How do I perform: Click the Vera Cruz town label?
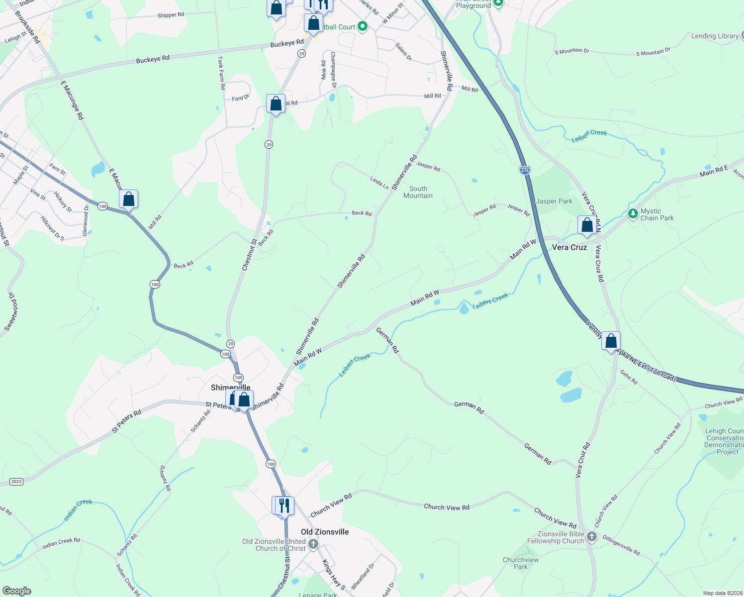point(569,247)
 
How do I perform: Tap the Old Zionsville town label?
point(325,532)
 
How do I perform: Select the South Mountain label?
point(418,192)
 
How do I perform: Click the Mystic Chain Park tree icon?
point(633,214)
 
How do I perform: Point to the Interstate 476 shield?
point(525,170)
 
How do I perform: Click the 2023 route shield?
point(16,482)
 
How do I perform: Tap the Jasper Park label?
point(554,201)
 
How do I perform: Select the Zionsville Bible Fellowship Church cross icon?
point(591,537)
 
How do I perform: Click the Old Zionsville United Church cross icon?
point(313,544)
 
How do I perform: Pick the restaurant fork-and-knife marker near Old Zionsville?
point(284,506)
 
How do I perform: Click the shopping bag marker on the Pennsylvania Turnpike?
point(611,341)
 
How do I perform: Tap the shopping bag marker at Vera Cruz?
point(587,225)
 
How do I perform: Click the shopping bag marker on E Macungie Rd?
point(128,199)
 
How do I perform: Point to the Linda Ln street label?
point(379,183)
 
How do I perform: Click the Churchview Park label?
point(521,563)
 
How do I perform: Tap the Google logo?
point(16,591)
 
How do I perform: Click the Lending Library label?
point(715,36)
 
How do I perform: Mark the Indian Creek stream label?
point(78,510)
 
